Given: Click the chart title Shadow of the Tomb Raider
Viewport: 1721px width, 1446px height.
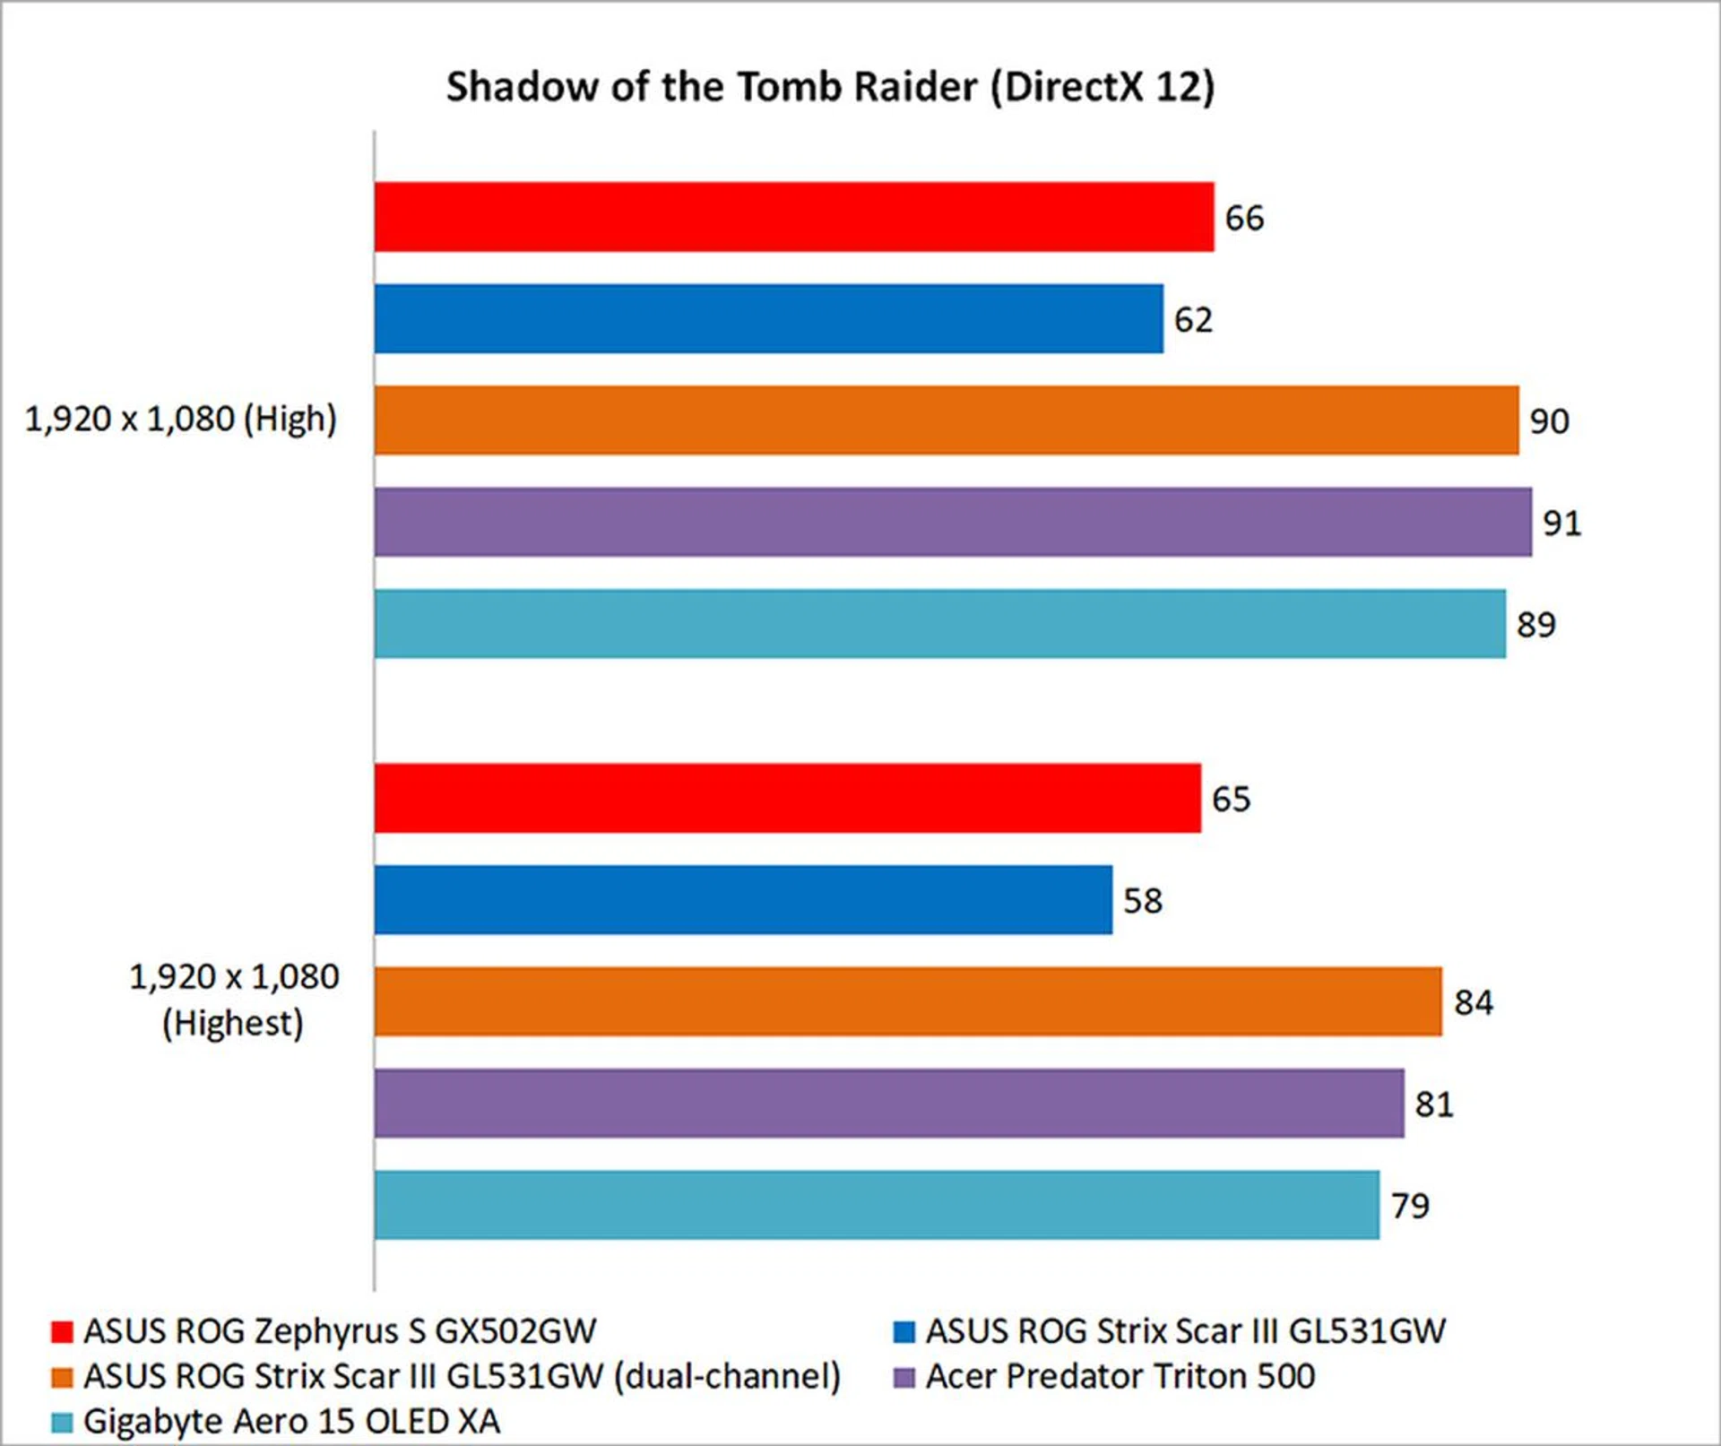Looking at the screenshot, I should pyautogui.click(x=830, y=88).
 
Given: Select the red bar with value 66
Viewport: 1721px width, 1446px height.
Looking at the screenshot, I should pyautogui.click(x=793, y=217).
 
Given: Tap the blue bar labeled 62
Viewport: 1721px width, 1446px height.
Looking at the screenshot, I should pyautogui.click(x=768, y=319).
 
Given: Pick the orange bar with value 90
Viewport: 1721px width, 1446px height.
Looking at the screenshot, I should pyautogui.click(x=946, y=420).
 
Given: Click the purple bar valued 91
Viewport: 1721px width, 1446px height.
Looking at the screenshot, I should pyautogui.click(x=952, y=522).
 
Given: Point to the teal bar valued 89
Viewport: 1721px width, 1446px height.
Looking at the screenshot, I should pyautogui.click(x=939, y=624).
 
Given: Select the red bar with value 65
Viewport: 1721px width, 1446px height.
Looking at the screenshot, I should pyautogui.click(x=787, y=798).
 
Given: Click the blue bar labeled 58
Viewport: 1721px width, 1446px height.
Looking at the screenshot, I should pyautogui.click(x=743, y=900).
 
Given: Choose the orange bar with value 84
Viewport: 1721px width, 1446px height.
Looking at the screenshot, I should pyautogui.click(x=908, y=1001).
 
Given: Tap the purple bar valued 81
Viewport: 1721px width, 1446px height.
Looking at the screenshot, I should pyautogui.click(x=888, y=1104).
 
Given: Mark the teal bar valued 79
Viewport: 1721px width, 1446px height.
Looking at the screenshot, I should pyautogui.click(x=876, y=1205).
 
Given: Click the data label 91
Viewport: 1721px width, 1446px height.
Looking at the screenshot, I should pyautogui.click(x=1561, y=523).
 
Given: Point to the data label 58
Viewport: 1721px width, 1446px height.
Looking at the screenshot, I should pyautogui.click(x=1142, y=901).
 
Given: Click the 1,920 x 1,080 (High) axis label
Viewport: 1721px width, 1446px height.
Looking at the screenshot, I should pyautogui.click(x=180, y=420).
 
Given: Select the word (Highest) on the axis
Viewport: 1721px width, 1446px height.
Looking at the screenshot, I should pyautogui.click(x=233, y=1024).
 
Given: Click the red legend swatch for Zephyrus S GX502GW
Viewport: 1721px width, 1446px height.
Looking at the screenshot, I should pyautogui.click(x=62, y=1332).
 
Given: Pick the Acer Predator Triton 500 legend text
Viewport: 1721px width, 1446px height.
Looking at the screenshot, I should pyautogui.click(x=1120, y=1377).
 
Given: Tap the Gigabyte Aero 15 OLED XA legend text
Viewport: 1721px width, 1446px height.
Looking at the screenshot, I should pyautogui.click(x=291, y=1422).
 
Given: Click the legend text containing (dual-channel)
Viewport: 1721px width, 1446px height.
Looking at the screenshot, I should pyautogui.click(x=462, y=1377).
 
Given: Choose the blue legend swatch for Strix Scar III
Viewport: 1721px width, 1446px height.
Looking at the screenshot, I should pyautogui.click(x=904, y=1332).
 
